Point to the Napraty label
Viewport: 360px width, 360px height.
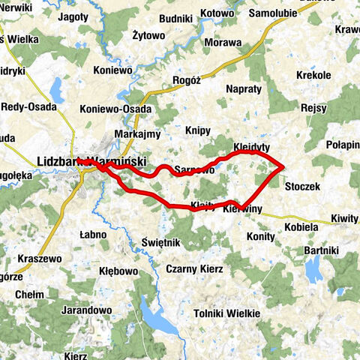tap(243, 88)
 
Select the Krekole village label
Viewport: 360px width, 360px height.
tap(313, 76)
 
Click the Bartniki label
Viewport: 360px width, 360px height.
tap(324, 249)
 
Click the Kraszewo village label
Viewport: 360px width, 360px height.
tap(34, 257)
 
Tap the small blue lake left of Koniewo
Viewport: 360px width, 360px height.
tap(55, 90)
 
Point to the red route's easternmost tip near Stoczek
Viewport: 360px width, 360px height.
tap(283, 167)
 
